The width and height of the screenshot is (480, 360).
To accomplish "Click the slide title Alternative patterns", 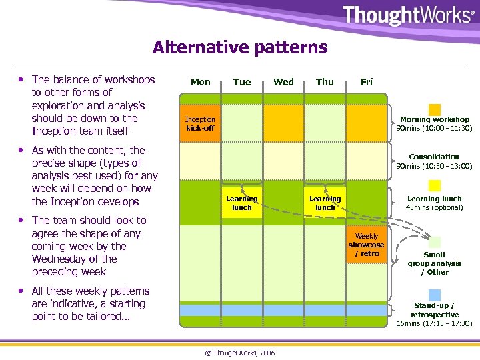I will [x=240, y=48].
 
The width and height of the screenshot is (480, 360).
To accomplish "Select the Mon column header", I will [x=201, y=82].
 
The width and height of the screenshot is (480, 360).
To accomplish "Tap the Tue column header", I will [x=242, y=82].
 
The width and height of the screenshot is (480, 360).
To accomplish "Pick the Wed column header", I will [x=283, y=82].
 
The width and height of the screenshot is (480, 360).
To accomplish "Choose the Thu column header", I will [x=325, y=82].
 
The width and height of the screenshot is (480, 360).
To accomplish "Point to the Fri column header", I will [x=367, y=82].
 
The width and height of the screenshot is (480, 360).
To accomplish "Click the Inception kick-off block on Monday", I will [x=200, y=123].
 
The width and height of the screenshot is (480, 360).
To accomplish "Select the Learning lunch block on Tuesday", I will [x=242, y=203].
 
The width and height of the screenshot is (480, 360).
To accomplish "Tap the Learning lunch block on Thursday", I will [x=325, y=203].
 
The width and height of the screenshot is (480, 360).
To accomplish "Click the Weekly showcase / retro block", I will [x=367, y=245].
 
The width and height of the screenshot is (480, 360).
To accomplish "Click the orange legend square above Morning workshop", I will [x=435, y=109].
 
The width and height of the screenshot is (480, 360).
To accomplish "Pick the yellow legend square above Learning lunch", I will [x=435, y=185].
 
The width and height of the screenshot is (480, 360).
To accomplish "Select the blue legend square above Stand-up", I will [x=435, y=295].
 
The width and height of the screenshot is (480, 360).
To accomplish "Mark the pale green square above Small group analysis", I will [x=435, y=242].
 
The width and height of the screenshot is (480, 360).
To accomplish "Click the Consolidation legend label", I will [x=434, y=157].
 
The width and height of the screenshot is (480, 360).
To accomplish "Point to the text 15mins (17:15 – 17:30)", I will [x=435, y=323].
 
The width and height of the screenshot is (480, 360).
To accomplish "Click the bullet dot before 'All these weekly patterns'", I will [x=22, y=291].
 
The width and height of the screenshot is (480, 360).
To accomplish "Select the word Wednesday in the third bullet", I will [x=60, y=259].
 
